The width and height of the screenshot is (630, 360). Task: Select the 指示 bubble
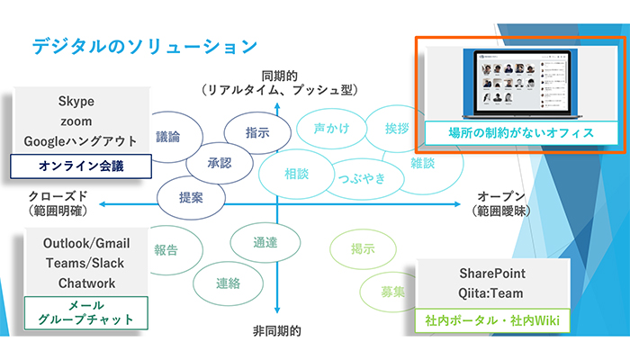257,132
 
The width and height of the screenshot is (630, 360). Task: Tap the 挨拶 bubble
397,128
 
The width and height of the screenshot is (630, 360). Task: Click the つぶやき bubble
363,177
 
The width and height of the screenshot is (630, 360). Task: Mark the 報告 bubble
166,250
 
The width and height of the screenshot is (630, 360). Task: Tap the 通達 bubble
265,243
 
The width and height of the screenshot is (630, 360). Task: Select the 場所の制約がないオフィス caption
521,133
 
